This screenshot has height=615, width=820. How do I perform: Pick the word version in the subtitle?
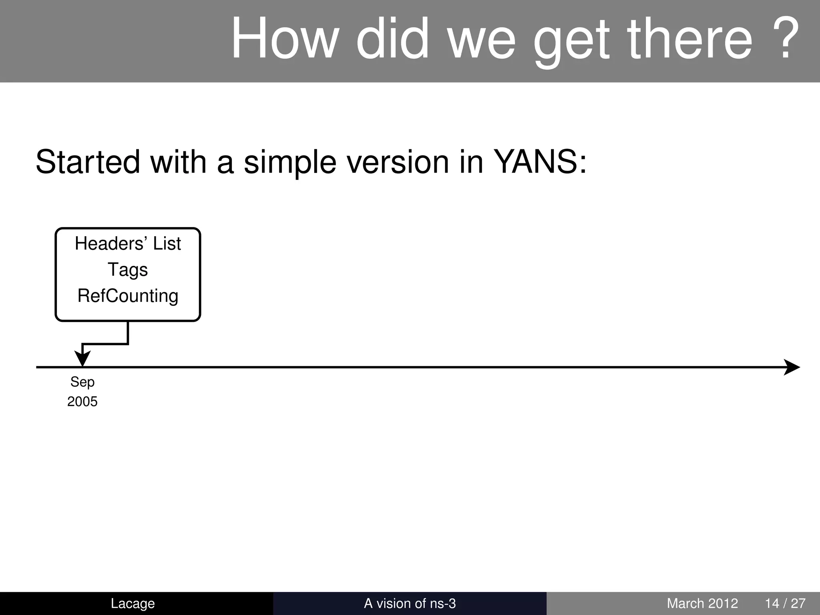[x=397, y=162]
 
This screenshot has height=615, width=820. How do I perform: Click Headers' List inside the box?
[x=128, y=243]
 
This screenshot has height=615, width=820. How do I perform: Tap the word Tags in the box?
[x=128, y=270]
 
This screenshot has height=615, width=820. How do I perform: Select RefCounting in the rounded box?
[x=128, y=296]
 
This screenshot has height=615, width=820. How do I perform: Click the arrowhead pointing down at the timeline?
[x=82, y=358]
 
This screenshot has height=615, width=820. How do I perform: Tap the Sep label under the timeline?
[x=82, y=382]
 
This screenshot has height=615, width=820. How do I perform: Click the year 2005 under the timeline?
[x=82, y=402]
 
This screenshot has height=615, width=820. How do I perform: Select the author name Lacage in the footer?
[x=133, y=603]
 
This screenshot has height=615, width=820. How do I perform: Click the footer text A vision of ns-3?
[x=410, y=603]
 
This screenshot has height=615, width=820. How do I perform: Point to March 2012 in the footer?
[x=702, y=603]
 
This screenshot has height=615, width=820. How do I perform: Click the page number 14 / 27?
[x=785, y=603]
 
